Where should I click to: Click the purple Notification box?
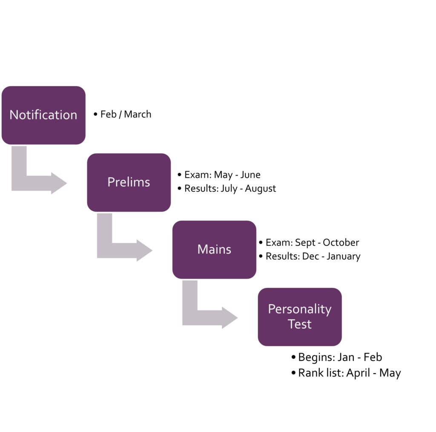[x=43, y=115]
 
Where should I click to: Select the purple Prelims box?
[x=129, y=182]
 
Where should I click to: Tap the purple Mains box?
[x=214, y=250]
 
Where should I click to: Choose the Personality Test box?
[x=300, y=317]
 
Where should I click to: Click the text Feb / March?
[x=126, y=114]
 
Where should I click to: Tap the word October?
[x=341, y=242]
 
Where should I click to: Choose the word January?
[x=344, y=256]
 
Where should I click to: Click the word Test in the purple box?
[x=300, y=324]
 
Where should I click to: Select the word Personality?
[x=300, y=309]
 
